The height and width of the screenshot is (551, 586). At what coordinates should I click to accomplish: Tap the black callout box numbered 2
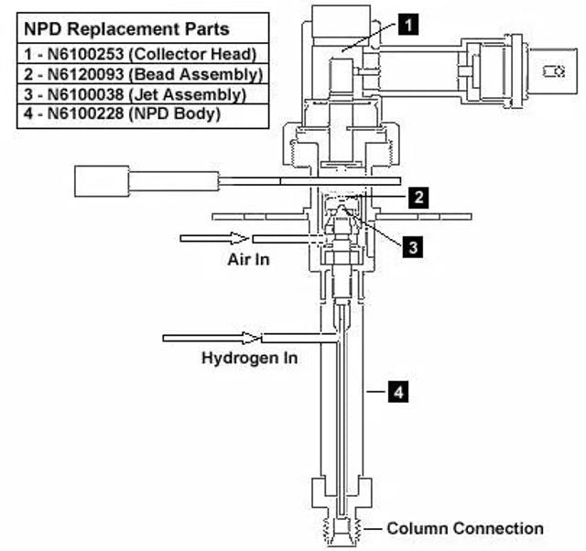(x=417, y=196)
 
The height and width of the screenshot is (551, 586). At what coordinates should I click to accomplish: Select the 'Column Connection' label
(x=464, y=528)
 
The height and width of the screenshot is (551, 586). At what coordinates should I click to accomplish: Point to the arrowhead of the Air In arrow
(x=244, y=238)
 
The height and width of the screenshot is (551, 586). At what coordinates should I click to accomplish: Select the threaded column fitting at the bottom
(x=343, y=529)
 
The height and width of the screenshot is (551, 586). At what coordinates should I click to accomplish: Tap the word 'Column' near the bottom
(x=412, y=528)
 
